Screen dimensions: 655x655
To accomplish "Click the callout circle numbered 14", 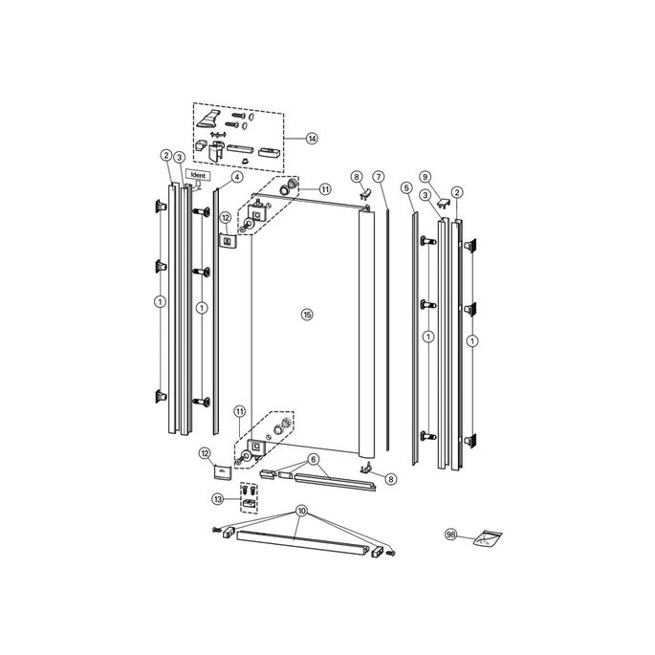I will tap(312, 139).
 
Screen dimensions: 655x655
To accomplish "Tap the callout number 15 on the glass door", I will tap(307, 315).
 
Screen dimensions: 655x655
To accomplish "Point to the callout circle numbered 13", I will tap(219, 498).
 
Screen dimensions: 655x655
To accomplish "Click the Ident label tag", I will tap(199, 176).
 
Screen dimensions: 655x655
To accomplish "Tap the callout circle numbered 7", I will tap(379, 177).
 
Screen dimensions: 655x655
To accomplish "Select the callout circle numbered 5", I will tap(407, 187).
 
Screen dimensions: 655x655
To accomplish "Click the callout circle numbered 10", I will tap(302, 511).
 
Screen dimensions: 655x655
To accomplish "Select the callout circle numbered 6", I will tap(313, 459).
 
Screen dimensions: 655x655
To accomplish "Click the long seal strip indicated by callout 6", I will tap(336, 480).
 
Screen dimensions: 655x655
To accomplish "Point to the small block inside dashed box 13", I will tap(249, 502).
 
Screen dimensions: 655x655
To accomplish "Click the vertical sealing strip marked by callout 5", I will tap(416, 335).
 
